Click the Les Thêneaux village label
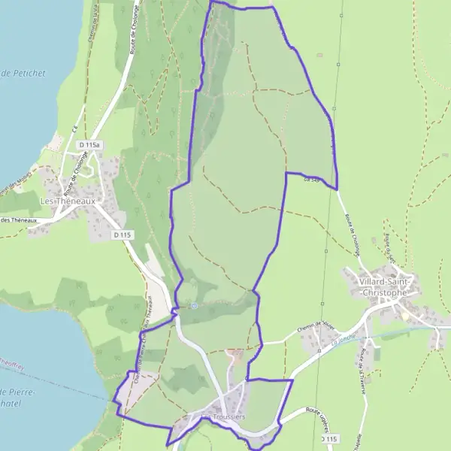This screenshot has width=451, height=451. pyautogui.click(x=67, y=201)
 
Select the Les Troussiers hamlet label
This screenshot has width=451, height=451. pyautogui.click(x=223, y=417)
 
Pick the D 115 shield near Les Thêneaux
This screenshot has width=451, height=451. pyautogui.click(x=123, y=235)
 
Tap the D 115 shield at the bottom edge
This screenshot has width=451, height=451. pyautogui.click(x=329, y=438)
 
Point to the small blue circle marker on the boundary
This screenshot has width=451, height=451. pyautogui.click(x=194, y=306)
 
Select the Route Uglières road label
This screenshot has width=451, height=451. pyautogui.click(x=324, y=412)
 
